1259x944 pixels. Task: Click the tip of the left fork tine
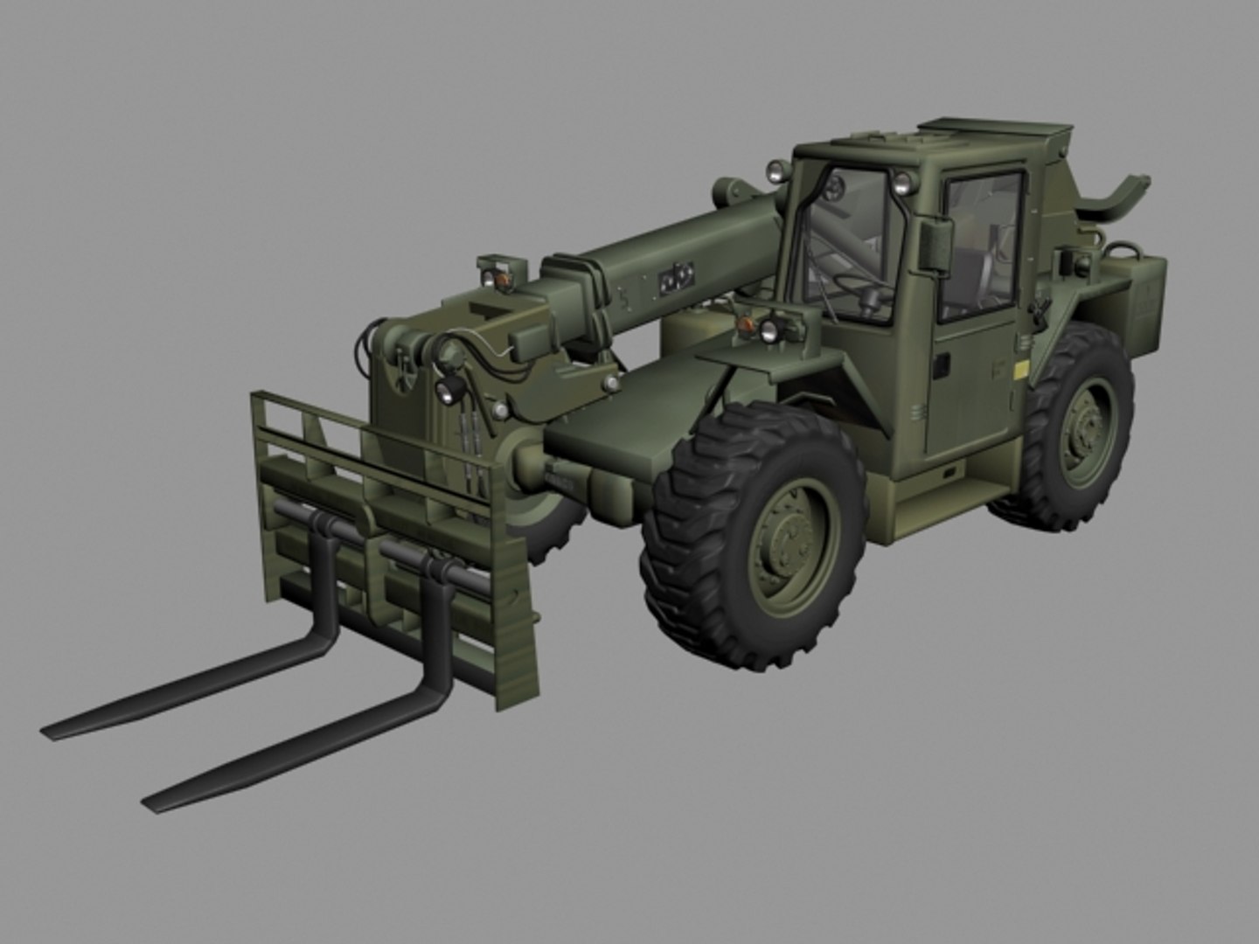[x=48, y=729]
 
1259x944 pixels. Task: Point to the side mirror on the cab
[x=936, y=244]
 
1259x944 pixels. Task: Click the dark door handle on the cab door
[x=941, y=364]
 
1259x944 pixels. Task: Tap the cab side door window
[x=979, y=245]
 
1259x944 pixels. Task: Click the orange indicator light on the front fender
[x=746, y=325]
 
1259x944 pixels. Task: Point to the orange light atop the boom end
[x=503, y=278]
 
